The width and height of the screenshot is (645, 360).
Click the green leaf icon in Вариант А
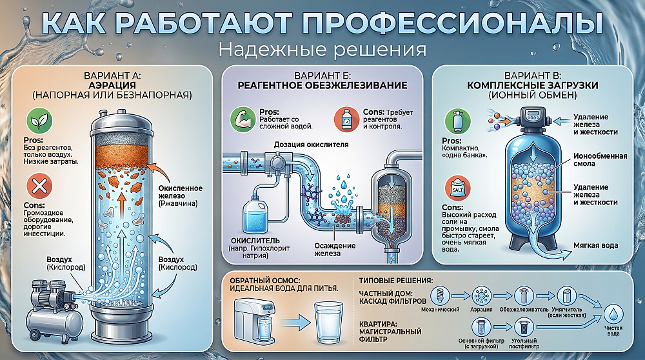pyautogui.click(x=39, y=121)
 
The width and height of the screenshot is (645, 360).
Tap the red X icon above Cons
pyautogui.click(x=39, y=186)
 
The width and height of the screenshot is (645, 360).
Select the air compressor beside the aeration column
pyautogui.click(x=53, y=308)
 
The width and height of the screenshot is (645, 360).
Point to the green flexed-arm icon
pyautogui.click(x=243, y=119)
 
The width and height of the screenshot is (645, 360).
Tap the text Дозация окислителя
pyautogui.click(x=312, y=145)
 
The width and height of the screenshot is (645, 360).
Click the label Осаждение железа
pyautogui.click(x=334, y=249)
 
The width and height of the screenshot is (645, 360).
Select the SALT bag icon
pyautogui.click(x=458, y=188)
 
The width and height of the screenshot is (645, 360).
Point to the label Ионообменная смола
pyautogui.click(x=600, y=159)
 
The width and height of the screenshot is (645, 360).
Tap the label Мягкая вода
pyautogui.click(x=595, y=245)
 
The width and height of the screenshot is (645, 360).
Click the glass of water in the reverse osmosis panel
pyautogui.click(x=328, y=323)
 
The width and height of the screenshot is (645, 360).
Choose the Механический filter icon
pyautogui.click(x=440, y=295)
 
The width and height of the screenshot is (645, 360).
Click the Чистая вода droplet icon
pyautogui.click(x=613, y=314)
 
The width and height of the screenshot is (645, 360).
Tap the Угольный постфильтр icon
pyautogui.click(x=524, y=328)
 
